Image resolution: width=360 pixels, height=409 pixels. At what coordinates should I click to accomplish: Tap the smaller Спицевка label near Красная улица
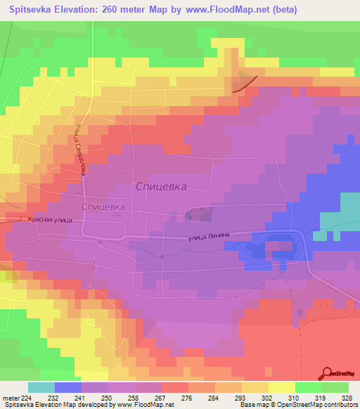(103, 207)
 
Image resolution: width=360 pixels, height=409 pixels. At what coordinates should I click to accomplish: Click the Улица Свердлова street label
(76, 145)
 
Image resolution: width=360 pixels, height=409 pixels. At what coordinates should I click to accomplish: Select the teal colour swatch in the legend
(41, 387)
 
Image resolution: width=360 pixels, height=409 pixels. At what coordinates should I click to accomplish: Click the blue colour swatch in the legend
(68, 387)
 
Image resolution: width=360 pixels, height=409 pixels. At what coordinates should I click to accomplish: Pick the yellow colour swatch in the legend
(282, 387)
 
